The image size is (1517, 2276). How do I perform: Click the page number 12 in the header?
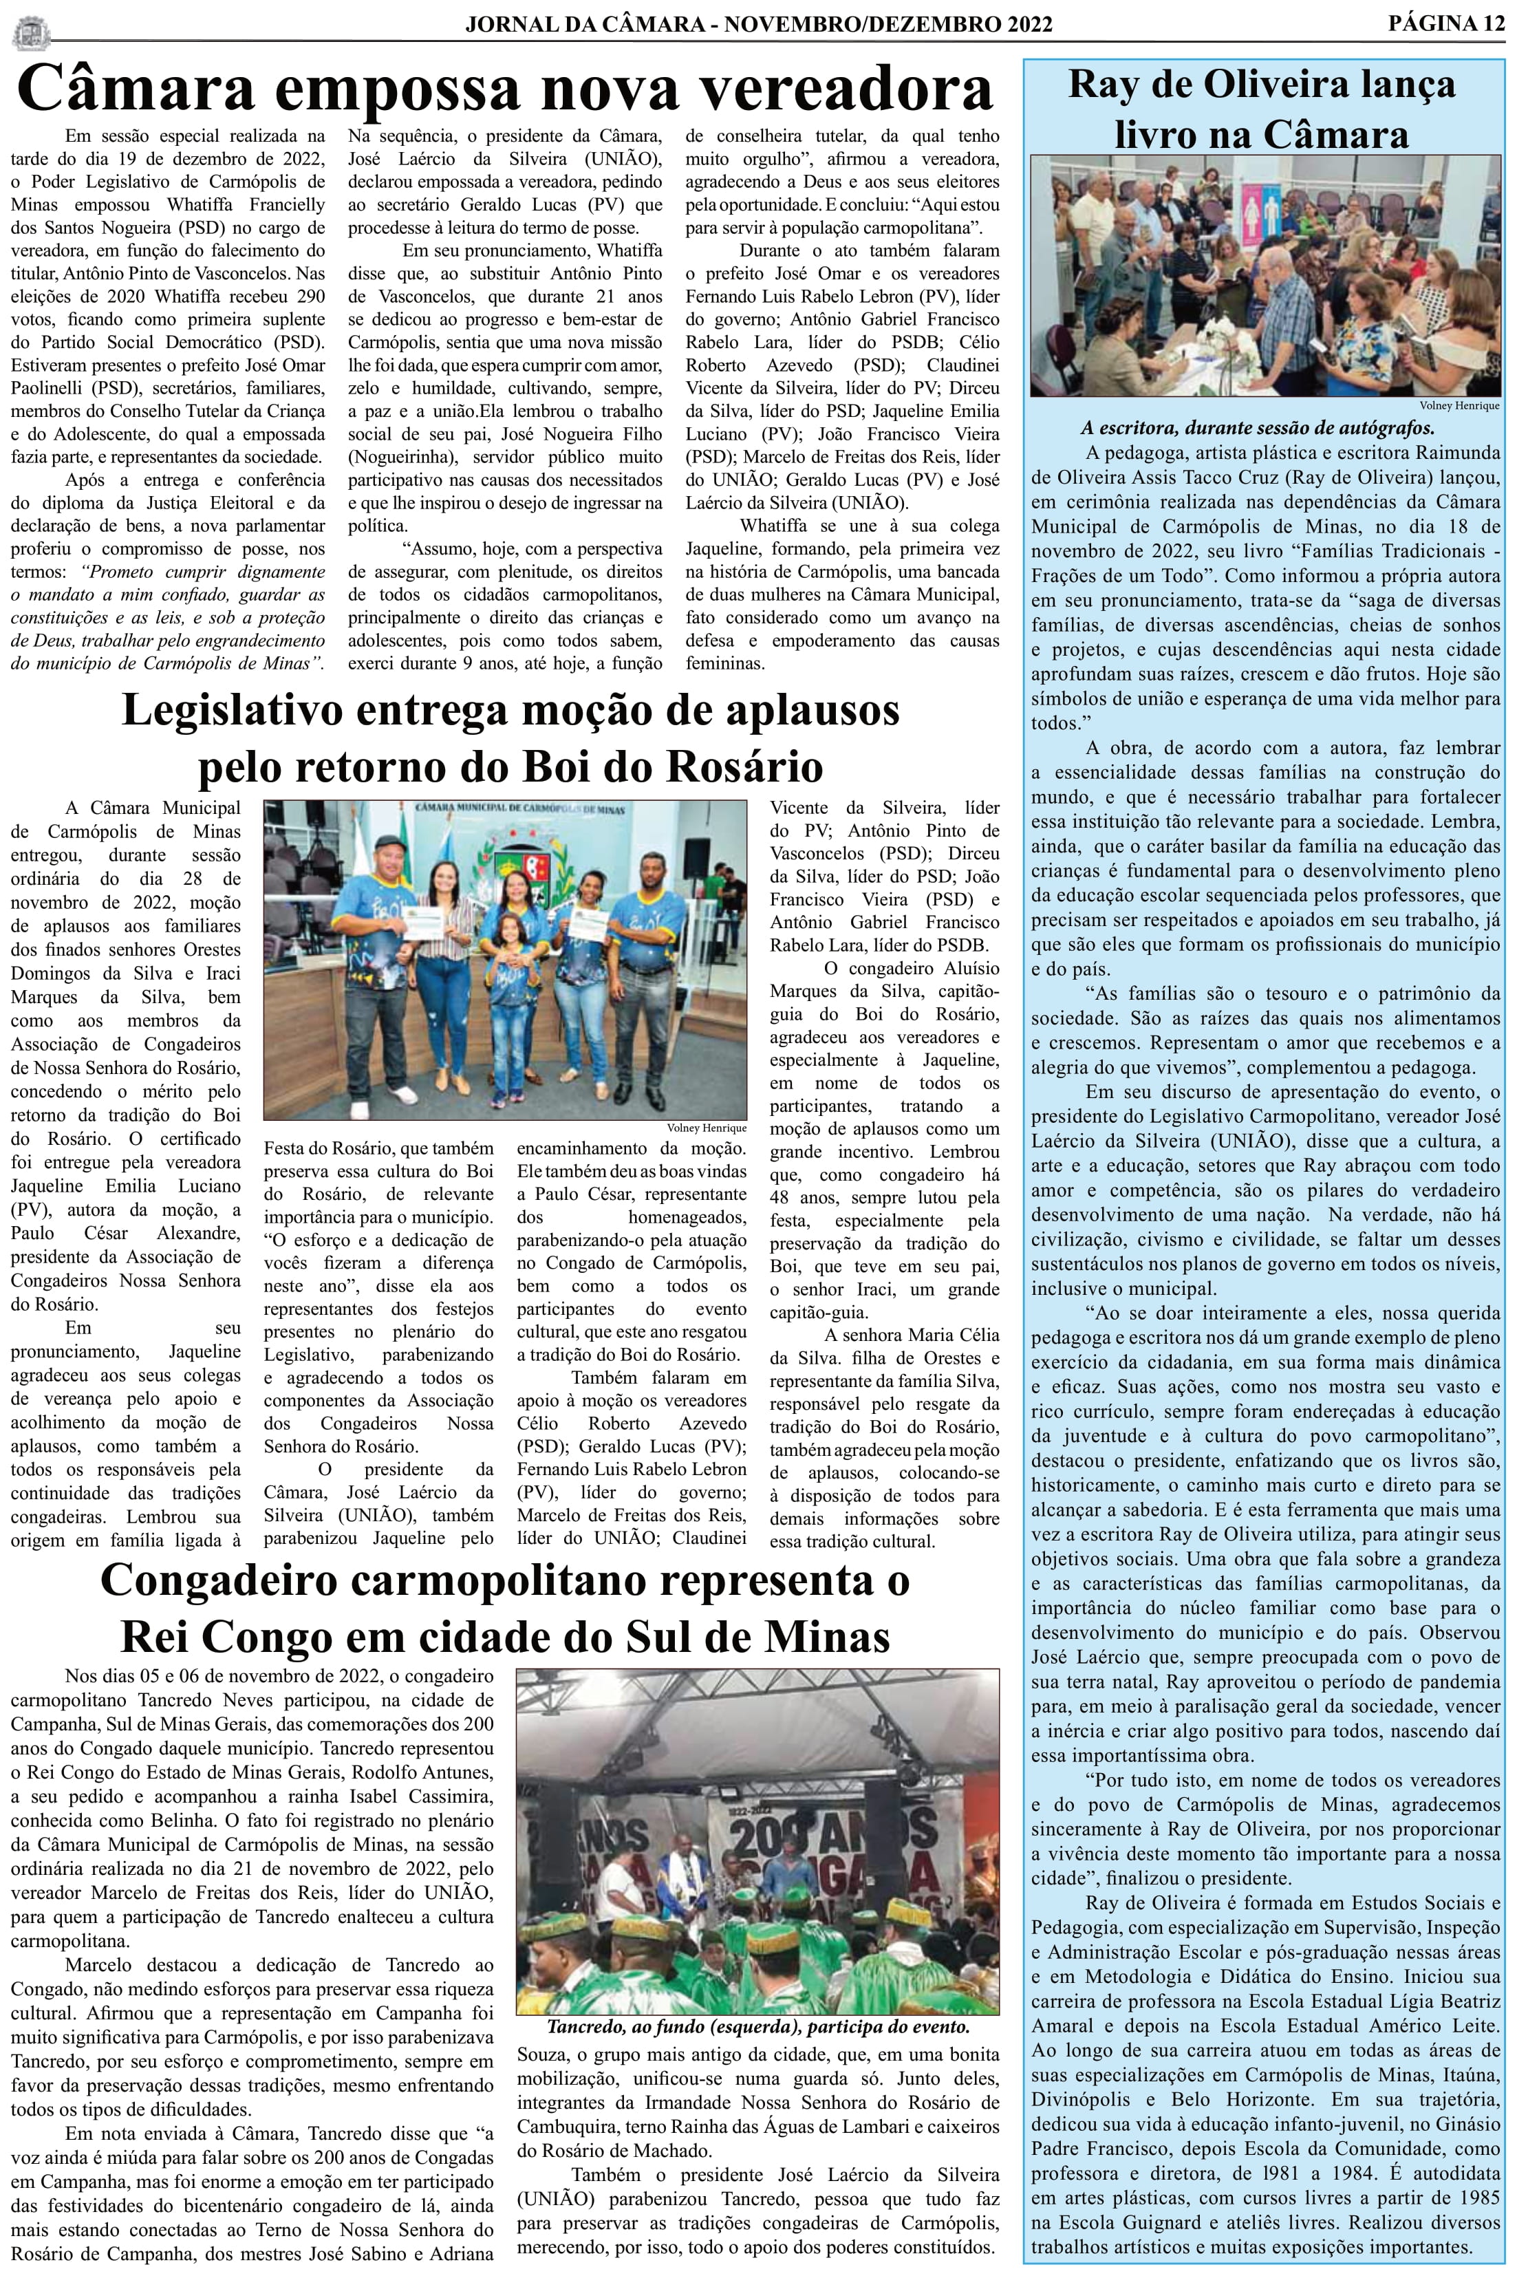(1490, 23)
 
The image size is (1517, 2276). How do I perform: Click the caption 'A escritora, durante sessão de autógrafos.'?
(1257, 427)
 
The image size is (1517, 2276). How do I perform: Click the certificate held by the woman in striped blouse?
(424, 925)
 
